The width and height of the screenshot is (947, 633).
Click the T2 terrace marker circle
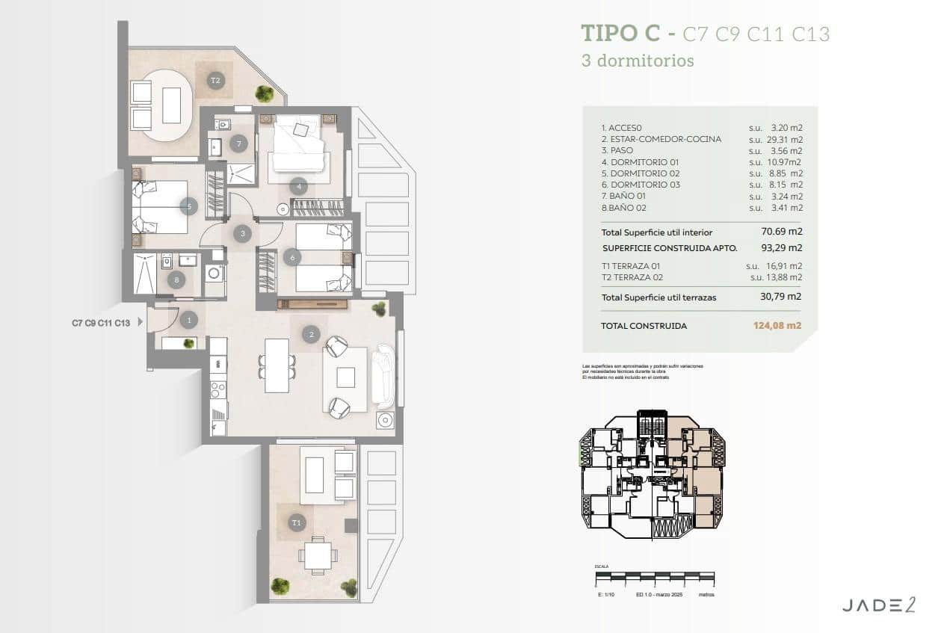click(216, 81)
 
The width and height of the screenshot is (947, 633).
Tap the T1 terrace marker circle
click(297, 522)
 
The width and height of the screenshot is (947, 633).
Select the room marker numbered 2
click(311, 334)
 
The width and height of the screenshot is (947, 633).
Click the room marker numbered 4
click(298, 186)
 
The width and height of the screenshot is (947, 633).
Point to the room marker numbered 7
click(238, 143)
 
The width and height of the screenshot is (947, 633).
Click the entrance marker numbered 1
click(188, 321)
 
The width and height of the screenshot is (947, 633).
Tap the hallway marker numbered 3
click(241, 234)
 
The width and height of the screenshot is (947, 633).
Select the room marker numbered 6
click(291, 257)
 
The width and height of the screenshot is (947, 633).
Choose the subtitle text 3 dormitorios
click(638, 61)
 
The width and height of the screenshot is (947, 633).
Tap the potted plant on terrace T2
click(264, 93)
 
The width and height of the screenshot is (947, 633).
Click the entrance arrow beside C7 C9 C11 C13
click(140, 323)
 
